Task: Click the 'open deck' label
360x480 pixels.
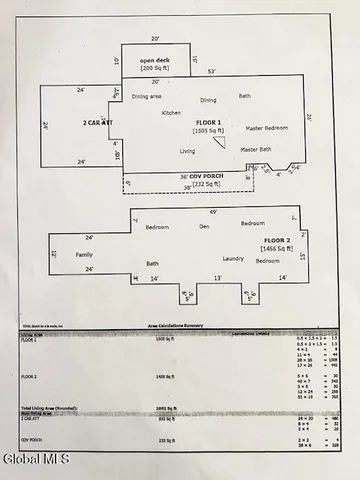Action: click(155, 60)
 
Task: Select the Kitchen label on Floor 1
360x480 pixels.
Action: click(172, 113)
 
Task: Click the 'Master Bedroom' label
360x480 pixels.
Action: click(269, 128)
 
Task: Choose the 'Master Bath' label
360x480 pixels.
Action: click(255, 149)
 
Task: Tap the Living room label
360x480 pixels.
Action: click(187, 151)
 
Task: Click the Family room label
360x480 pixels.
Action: click(84, 255)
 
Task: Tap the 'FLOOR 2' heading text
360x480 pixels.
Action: click(276, 242)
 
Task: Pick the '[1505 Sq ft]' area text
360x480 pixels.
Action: click(207, 130)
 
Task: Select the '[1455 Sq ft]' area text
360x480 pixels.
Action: click(277, 250)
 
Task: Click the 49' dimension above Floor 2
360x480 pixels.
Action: click(213, 212)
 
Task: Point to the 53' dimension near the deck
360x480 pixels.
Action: click(211, 72)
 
